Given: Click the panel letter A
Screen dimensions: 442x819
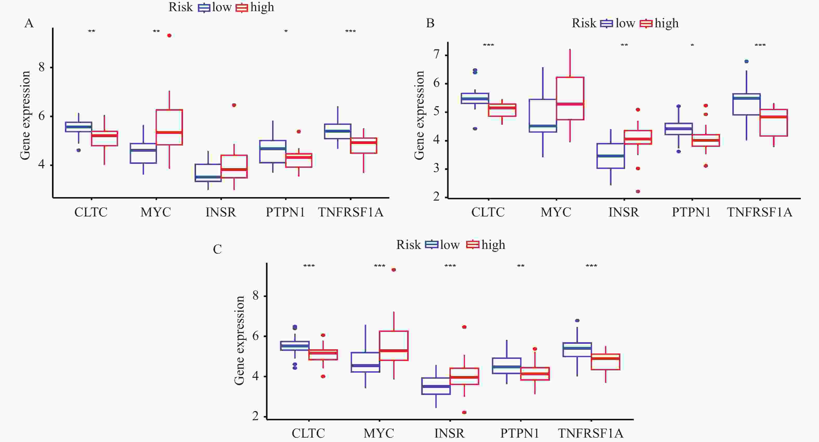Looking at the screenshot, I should click(x=29, y=23).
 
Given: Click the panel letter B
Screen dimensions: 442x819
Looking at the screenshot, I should click(x=430, y=23).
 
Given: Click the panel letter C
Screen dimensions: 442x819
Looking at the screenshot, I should click(x=217, y=249).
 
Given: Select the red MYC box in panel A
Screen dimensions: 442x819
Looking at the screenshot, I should click(x=169, y=127).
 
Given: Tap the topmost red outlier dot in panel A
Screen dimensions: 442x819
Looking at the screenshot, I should click(x=169, y=36).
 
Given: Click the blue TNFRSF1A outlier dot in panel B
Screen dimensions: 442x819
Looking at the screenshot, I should click(x=746, y=61).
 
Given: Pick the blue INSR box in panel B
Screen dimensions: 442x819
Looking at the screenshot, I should click(x=610, y=156).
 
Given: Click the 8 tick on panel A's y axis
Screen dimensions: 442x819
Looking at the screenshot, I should click(x=42, y=67).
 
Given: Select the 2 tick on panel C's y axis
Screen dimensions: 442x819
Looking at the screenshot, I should click(x=256, y=416).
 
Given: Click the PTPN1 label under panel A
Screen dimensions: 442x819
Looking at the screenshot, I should click(x=285, y=212).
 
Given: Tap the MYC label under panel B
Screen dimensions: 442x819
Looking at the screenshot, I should click(x=556, y=212).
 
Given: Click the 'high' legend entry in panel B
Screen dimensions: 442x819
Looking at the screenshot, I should click(x=666, y=23).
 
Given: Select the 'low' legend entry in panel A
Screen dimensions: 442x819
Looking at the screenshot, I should click(x=222, y=7).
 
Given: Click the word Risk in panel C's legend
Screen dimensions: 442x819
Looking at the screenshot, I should click(x=408, y=245).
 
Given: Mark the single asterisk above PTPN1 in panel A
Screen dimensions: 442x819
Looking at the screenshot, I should click(x=286, y=31).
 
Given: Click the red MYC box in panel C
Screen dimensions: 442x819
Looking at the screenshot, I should click(x=394, y=346).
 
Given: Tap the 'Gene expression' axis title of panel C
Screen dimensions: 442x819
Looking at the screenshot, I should click(x=239, y=340).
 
